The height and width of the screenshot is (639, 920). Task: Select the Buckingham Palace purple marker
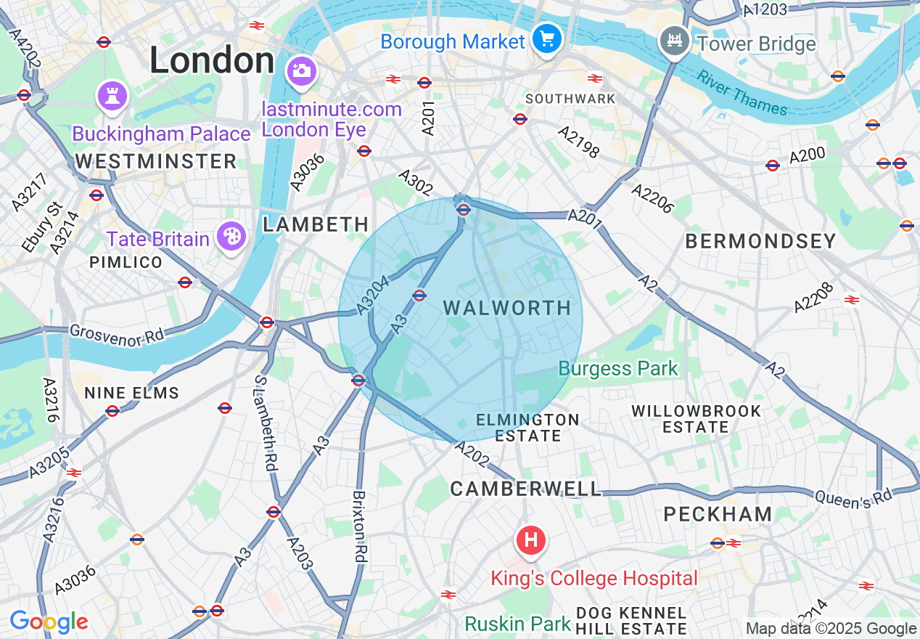tap(112, 95)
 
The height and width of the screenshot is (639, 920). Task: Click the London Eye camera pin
tap(300, 70)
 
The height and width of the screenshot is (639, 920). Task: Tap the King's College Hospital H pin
tap(530, 541)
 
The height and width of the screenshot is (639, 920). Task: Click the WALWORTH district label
tap(507, 308)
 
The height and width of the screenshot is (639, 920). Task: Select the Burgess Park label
tap(617, 368)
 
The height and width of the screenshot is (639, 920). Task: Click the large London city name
tap(212, 60)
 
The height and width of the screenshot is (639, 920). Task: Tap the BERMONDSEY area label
tap(760, 241)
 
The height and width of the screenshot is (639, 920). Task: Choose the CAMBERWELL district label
tap(525, 489)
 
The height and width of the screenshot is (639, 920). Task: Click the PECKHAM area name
tap(718, 514)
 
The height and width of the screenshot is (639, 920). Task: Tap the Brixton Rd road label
tap(359, 526)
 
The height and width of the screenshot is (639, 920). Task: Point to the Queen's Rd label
tap(852, 497)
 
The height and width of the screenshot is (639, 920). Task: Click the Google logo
tap(49, 622)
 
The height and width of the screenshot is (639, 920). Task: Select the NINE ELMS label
tap(131, 394)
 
